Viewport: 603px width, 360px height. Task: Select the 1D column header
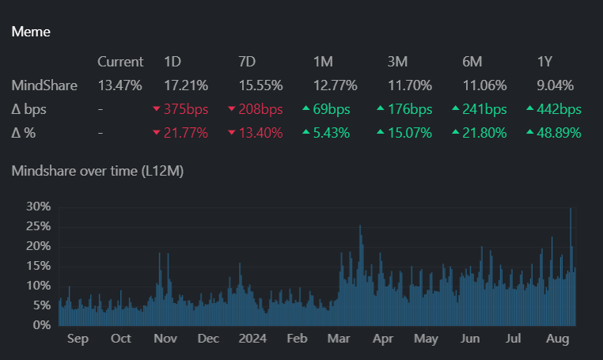(172, 62)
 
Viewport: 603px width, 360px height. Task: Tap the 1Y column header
(544, 62)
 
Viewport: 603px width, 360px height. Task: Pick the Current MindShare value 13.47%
(120, 85)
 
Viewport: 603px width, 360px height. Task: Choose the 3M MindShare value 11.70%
(408, 85)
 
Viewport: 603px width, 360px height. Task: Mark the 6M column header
(472, 62)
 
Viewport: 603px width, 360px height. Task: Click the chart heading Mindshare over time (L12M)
(97, 171)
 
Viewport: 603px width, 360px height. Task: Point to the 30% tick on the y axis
(39, 207)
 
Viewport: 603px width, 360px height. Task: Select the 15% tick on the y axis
(39, 266)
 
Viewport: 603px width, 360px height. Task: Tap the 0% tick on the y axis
(42, 325)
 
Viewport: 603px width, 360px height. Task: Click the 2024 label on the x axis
(254, 339)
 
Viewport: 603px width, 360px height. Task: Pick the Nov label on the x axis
(165, 339)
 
